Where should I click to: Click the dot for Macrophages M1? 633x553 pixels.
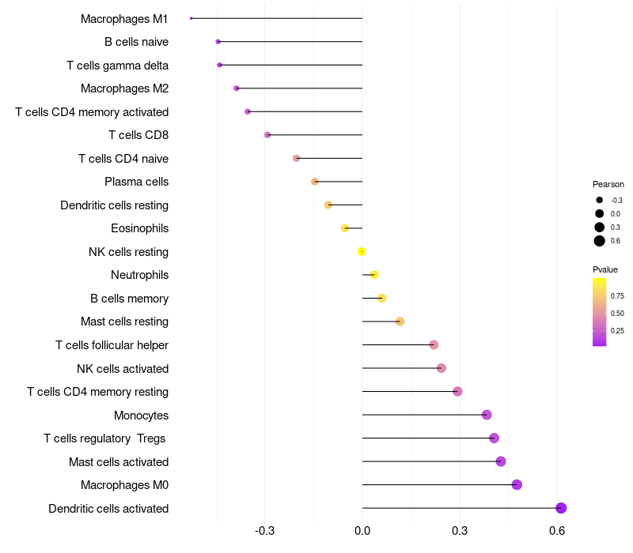tap(191, 18)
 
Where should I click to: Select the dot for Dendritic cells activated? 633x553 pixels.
tap(561, 508)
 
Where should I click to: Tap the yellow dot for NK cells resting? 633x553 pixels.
tap(362, 251)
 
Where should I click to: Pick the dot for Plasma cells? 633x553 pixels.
tap(315, 182)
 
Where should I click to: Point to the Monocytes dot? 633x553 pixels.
tap(487, 415)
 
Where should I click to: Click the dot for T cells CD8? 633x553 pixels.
tap(267, 134)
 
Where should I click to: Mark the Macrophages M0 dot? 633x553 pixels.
tap(517, 484)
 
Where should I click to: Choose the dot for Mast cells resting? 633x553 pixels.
tap(400, 322)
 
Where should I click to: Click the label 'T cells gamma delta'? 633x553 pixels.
tap(117, 66)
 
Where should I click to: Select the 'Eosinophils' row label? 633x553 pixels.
tap(140, 228)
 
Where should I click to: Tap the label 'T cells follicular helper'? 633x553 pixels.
tap(112, 345)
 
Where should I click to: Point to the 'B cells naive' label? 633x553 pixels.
tap(136, 42)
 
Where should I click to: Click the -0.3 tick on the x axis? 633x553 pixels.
tap(265, 530)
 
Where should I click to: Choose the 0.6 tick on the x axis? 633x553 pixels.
tap(557, 530)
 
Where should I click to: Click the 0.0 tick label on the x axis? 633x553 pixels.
tap(362, 530)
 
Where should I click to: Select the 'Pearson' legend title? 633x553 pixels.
tap(608, 184)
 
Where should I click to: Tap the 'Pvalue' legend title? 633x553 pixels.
tap(605, 269)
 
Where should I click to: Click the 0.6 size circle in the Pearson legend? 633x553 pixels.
tap(600, 241)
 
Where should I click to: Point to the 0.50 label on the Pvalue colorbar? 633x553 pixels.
tap(617, 313)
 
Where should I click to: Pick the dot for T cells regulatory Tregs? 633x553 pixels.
tap(494, 438)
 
